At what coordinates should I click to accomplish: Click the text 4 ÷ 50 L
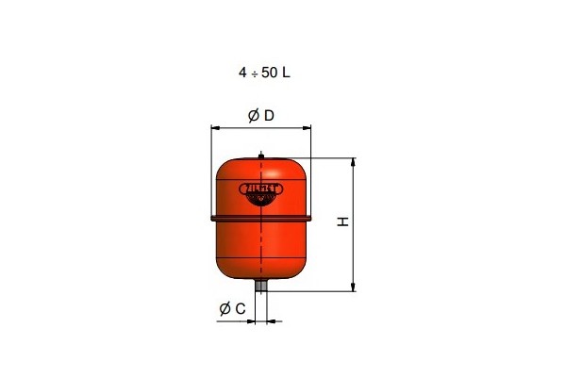(264, 72)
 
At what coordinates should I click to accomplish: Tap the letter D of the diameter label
(268, 116)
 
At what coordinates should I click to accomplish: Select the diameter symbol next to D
(254, 116)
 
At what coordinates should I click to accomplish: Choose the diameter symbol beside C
(225, 308)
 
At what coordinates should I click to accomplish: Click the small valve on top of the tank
(261, 156)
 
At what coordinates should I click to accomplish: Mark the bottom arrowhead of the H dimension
(353, 288)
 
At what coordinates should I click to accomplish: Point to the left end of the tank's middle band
(212, 219)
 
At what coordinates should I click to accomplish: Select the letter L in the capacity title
(286, 72)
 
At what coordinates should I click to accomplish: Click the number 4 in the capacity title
(242, 72)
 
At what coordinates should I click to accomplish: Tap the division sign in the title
(254, 72)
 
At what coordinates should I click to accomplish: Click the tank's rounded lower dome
(261, 254)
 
